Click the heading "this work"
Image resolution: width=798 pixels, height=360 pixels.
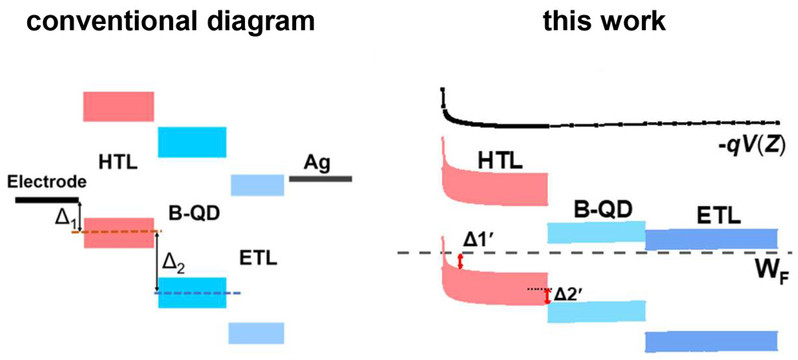[604, 20]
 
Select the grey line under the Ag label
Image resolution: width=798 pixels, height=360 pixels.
[320, 179]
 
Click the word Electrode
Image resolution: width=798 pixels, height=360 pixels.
[45, 182]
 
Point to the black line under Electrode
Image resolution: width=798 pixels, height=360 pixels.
[47, 200]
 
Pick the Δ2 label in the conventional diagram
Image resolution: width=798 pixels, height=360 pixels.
[173, 263]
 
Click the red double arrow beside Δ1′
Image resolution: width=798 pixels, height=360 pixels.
[461, 262]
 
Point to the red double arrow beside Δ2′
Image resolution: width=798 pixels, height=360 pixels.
[548, 296]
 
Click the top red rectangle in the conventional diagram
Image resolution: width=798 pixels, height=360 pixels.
[119, 106]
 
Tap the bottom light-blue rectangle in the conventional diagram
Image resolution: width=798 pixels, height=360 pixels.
[256, 333]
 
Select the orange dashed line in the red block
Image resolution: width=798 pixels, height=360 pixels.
[117, 232]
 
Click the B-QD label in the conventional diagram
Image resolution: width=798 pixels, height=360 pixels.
[193, 214]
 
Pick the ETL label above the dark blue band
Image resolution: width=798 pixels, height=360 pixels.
[718, 217]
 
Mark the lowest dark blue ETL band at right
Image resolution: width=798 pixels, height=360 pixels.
[711, 341]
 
